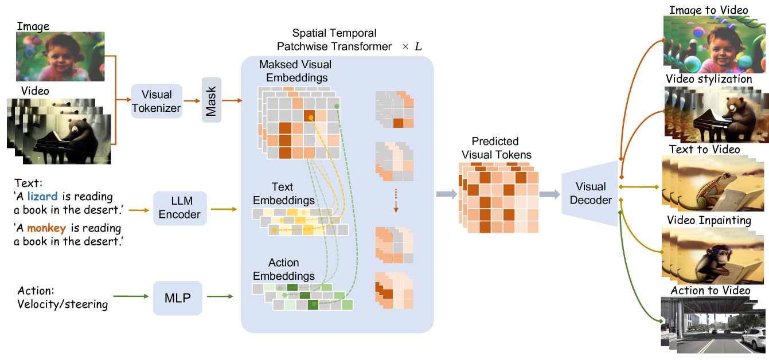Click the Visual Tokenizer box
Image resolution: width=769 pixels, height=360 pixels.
click(157, 101)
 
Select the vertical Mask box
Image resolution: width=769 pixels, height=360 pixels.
click(212, 101)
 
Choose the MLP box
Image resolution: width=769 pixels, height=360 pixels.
click(178, 298)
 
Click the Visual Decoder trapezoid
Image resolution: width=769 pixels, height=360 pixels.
click(590, 194)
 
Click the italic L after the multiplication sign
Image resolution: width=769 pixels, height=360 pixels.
click(418, 46)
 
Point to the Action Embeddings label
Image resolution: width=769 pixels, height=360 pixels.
click(284, 269)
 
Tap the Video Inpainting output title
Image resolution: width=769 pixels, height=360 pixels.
click(709, 221)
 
